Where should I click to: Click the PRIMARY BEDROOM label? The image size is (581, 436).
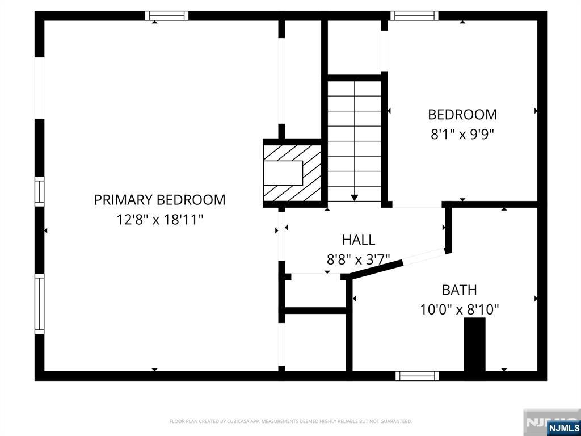(x=159, y=200)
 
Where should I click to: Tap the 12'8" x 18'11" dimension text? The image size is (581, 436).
(x=160, y=220)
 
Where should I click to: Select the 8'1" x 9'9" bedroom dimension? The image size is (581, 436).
(x=462, y=134)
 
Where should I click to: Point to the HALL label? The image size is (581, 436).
(x=359, y=240)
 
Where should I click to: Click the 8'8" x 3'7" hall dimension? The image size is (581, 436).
(x=358, y=259)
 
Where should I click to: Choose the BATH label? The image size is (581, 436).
(x=460, y=290)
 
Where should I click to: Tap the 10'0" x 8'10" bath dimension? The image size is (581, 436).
(x=460, y=309)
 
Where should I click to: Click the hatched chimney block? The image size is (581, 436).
(x=292, y=173)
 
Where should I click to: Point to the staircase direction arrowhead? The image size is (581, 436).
(x=355, y=198)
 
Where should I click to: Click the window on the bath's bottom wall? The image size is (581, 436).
(x=417, y=376)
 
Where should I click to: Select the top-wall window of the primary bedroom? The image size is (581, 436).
(x=167, y=15)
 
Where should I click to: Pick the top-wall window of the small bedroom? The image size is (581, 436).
(x=415, y=15)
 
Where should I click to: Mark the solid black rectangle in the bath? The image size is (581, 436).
(x=475, y=344)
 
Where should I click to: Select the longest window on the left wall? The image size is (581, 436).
(x=39, y=304)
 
